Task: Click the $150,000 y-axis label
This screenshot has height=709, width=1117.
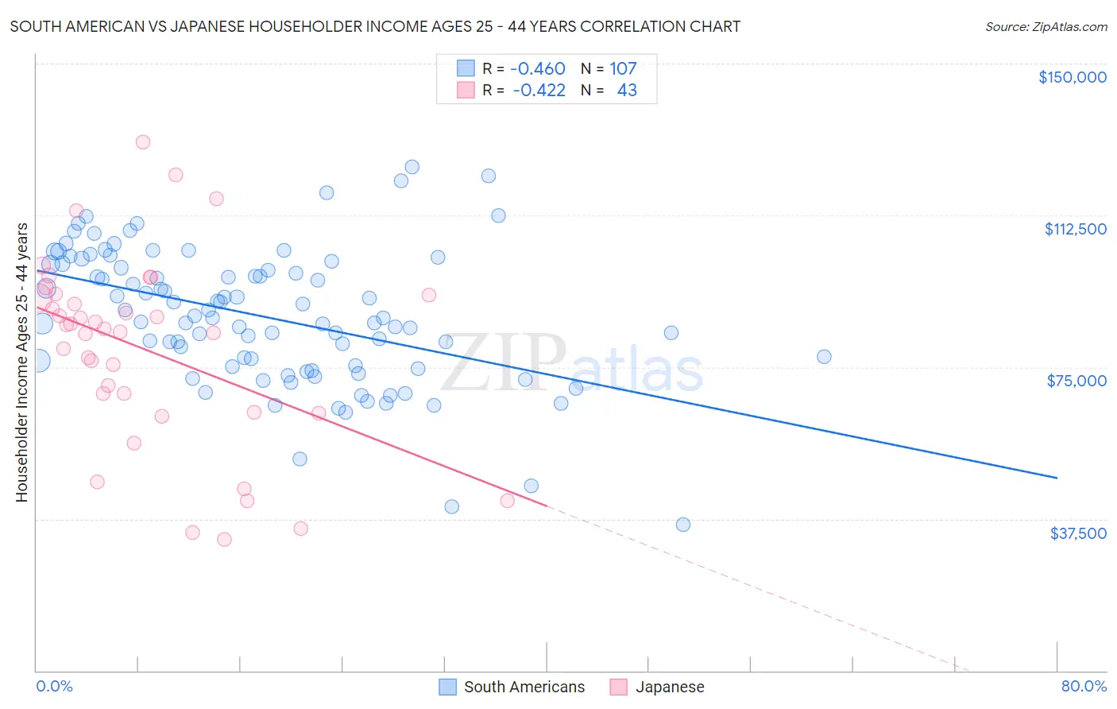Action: pos(1072,77)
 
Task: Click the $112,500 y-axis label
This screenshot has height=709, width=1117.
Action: pos(1075,229)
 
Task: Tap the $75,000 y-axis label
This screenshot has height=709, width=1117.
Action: pos(1076,381)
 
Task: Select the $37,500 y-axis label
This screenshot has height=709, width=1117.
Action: pos(1077,533)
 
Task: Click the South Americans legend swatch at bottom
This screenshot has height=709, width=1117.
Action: pos(448,687)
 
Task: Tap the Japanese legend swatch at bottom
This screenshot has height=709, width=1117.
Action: pos(619,687)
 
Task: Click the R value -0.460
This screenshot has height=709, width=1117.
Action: pos(538,69)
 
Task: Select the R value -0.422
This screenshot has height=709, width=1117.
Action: pos(539,91)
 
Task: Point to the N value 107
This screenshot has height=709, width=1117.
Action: pos(623,69)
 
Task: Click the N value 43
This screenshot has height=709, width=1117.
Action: pos(627,91)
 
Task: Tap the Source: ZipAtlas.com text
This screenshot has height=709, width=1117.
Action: pos(1045,27)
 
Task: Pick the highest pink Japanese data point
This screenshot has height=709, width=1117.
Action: pos(143,142)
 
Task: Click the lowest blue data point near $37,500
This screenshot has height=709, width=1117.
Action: pos(683,525)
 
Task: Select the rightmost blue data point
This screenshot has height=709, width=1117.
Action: pos(824,357)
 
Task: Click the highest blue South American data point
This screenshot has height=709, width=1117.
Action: pos(412,167)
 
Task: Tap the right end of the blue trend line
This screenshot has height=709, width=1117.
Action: pos(1057,478)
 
